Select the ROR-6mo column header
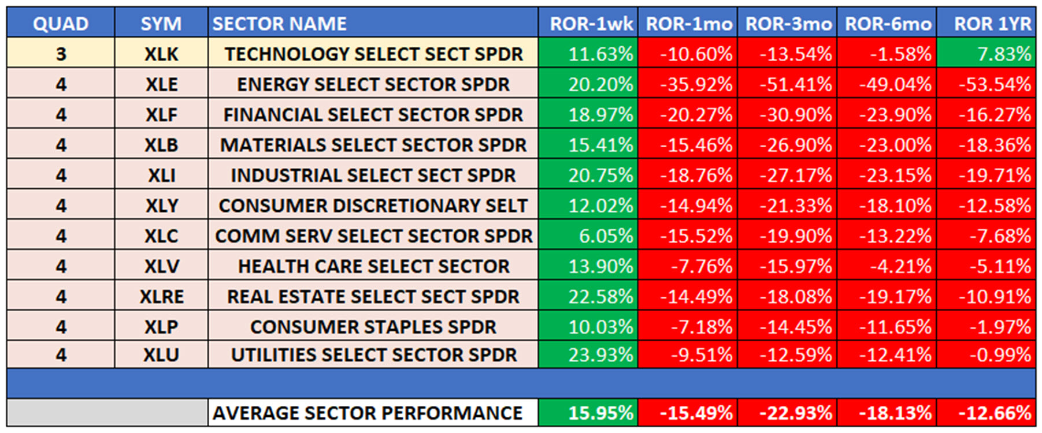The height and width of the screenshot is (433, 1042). [x=887, y=24]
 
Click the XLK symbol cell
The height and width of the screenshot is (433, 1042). [x=161, y=54]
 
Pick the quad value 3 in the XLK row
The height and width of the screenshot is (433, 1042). [x=61, y=54]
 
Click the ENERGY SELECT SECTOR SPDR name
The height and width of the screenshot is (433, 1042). [x=373, y=84]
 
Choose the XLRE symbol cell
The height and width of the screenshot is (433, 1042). [x=161, y=297]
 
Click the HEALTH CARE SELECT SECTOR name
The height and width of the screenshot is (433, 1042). [x=373, y=266]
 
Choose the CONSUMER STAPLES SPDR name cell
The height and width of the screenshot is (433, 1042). [x=373, y=327]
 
